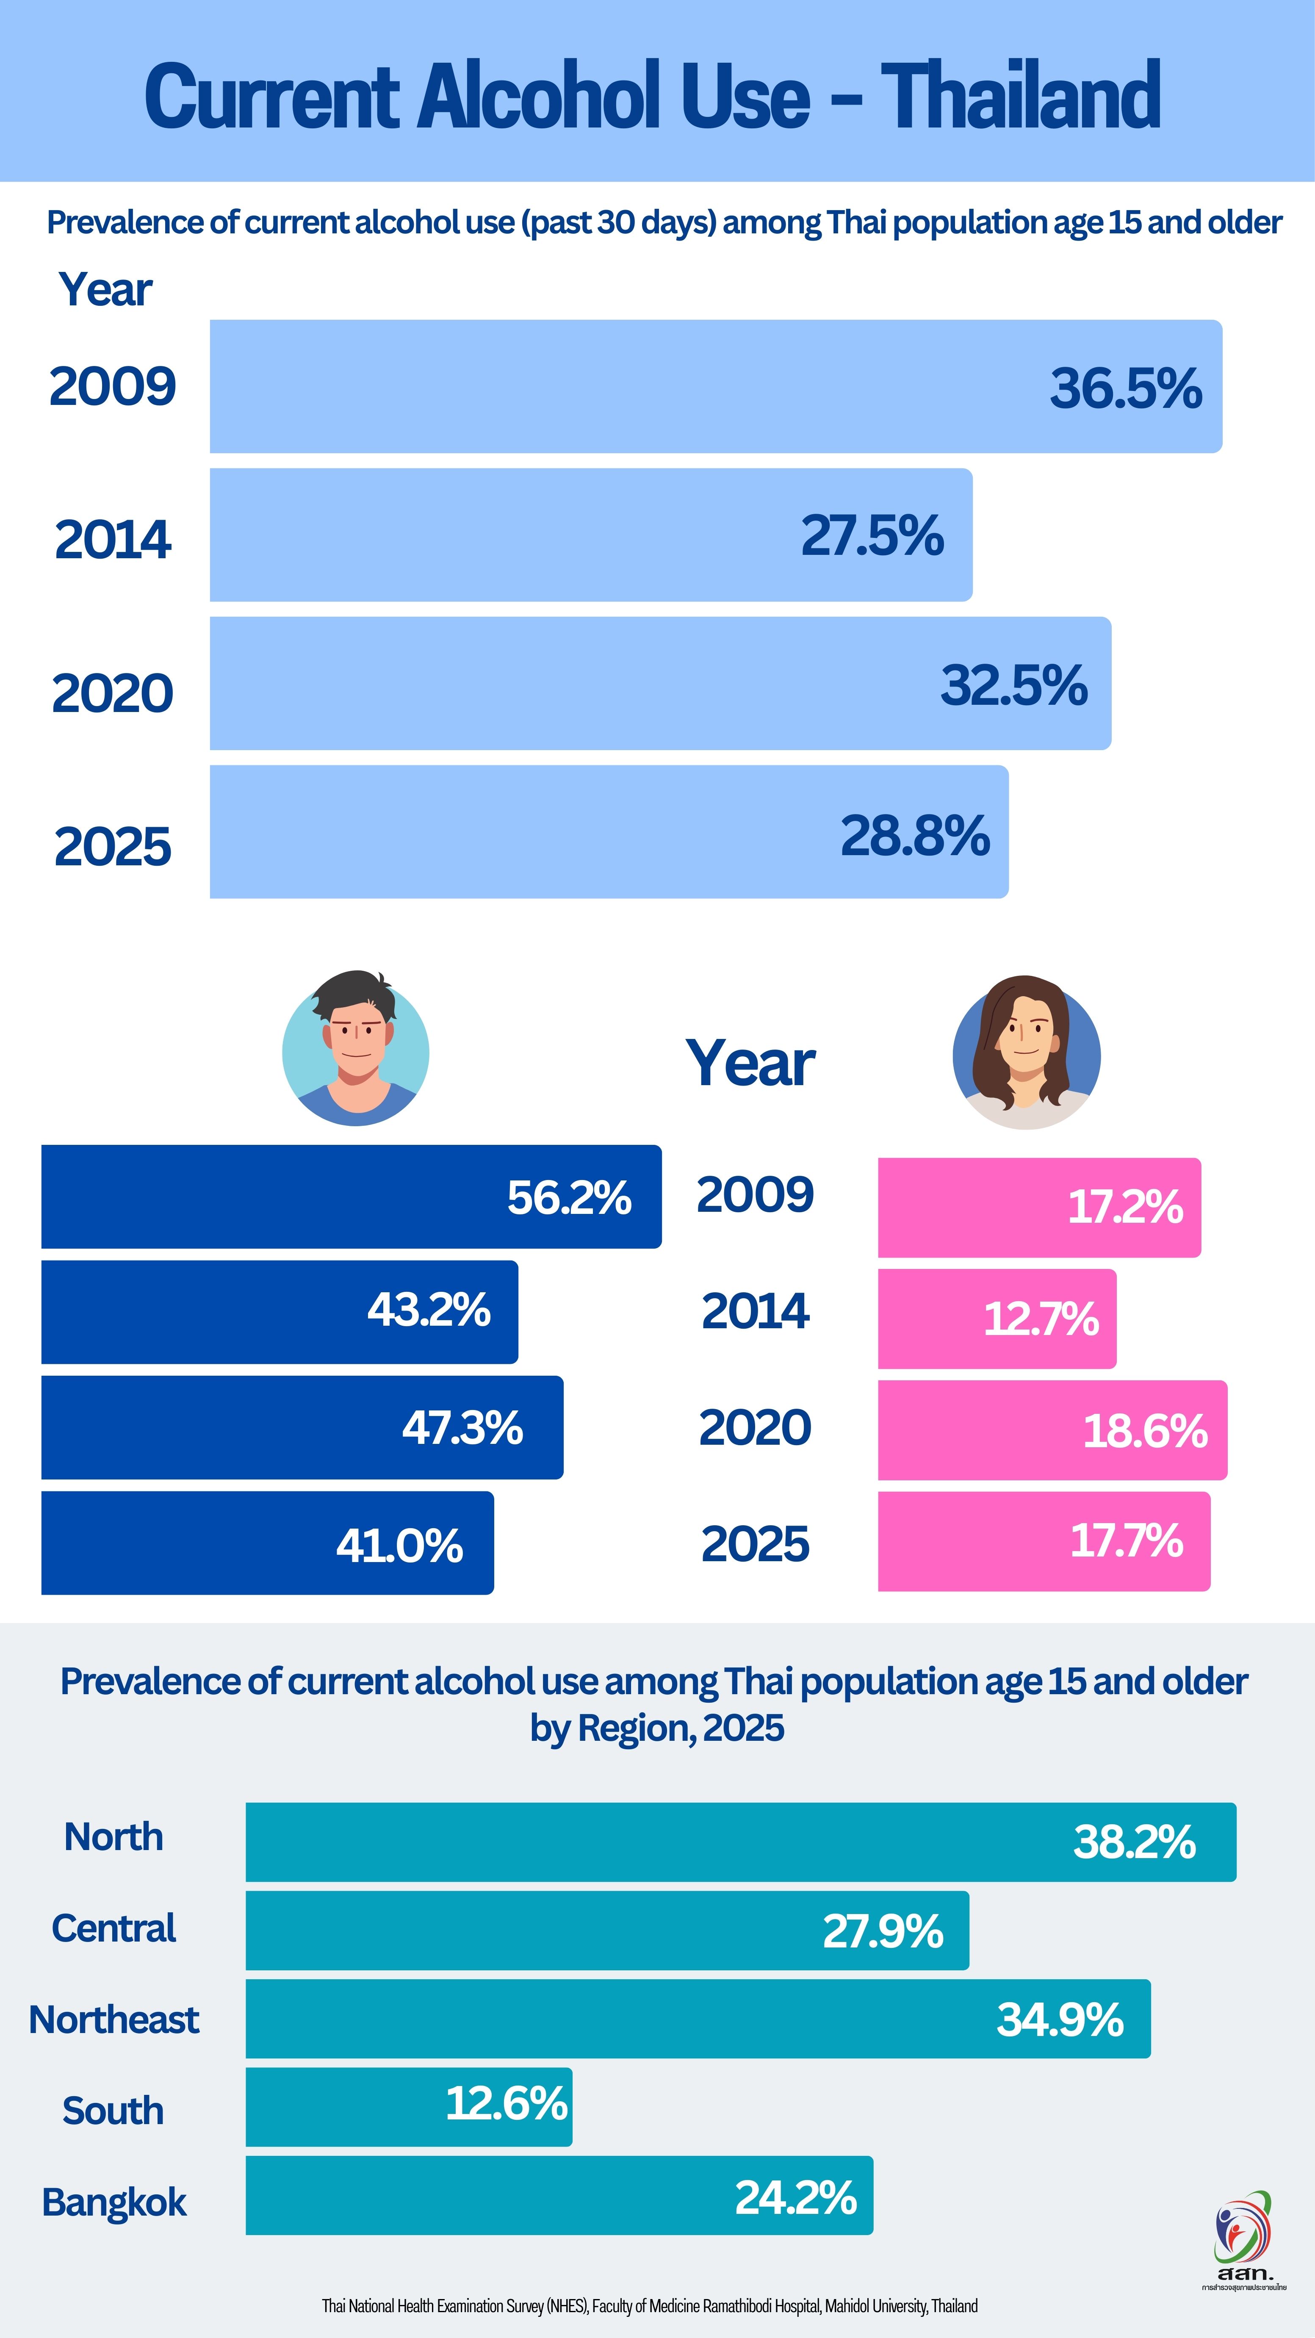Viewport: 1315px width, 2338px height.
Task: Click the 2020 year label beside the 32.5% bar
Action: coord(113,693)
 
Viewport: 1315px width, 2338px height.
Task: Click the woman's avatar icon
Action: coord(1027,1053)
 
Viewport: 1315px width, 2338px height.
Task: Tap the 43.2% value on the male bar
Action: coord(428,1310)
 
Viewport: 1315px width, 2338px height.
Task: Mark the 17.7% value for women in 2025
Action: coord(1126,1540)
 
